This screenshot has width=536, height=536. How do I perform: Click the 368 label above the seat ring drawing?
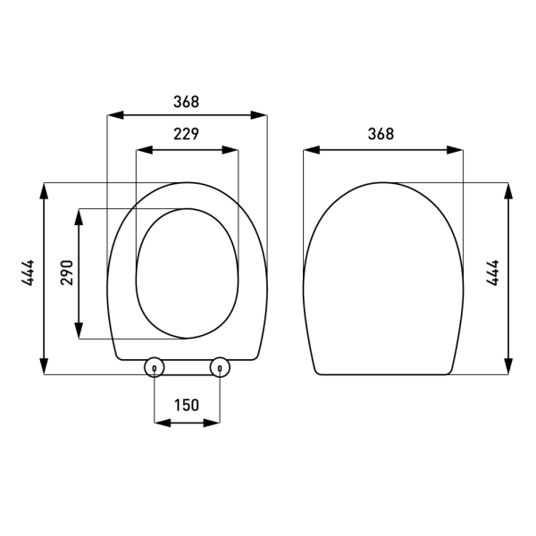[186, 102]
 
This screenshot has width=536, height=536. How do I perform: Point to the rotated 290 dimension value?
[65, 272]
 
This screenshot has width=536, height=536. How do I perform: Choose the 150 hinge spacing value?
[186, 405]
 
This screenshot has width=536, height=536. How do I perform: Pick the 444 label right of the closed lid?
[492, 272]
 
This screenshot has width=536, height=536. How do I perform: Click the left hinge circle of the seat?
[154, 366]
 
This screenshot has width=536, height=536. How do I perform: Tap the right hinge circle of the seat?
[219, 366]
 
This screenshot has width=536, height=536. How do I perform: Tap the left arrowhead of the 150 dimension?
[161, 423]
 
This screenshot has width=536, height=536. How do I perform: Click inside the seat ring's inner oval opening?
[188, 272]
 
